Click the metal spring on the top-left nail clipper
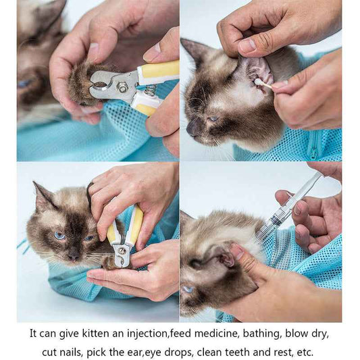(x=150, y=90)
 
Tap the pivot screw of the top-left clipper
(x=123, y=87)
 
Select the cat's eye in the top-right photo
(x=213, y=119)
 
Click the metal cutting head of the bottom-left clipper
(x=121, y=254)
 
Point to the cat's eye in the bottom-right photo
(x=187, y=289)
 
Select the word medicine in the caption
(x=211, y=334)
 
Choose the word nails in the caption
(x=80, y=352)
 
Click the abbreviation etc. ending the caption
(x=305, y=352)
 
